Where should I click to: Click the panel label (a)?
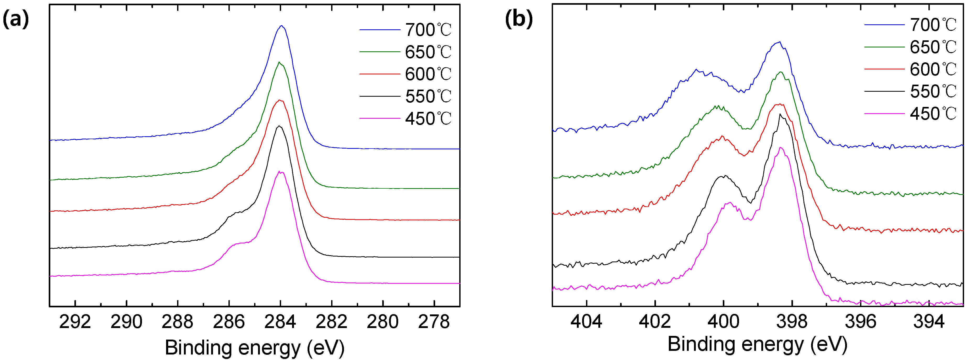pyautogui.click(x=16, y=19)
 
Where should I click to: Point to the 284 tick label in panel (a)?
pyautogui.click(x=280, y=322)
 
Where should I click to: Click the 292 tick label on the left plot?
pyautogui.click(x=75, y=322)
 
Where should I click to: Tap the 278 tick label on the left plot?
pyautogui.click(x=434, y=322)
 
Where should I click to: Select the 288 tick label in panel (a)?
pyautogui.click(x=177, y=322)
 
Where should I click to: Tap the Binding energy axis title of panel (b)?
pyautogui.click(x=757, y=344)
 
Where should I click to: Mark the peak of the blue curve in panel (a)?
pyautogui.click(x=281, y=26)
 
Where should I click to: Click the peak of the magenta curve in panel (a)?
pyautogui.click(x=280, y=172)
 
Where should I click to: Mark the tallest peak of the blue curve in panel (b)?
pyautogui.click(x=780, y=42)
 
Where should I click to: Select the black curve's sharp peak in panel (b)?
pyautogui.click(x=780, y=114)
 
